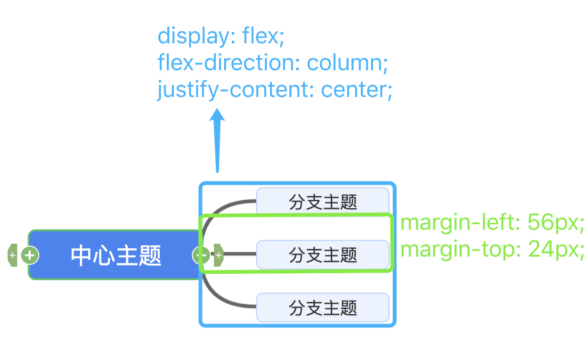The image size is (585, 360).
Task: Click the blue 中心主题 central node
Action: tap(116, 255)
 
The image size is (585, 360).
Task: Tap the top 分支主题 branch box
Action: tap(323, 202)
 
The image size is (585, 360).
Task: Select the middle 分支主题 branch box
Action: tap(323, 255)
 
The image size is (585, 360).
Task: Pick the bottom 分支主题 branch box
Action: tap(323, 308)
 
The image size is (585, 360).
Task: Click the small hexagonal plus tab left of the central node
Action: tap(12, 255)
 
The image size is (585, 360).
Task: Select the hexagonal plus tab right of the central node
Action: tap(218, 255)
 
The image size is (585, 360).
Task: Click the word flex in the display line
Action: tap(262, 36)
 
